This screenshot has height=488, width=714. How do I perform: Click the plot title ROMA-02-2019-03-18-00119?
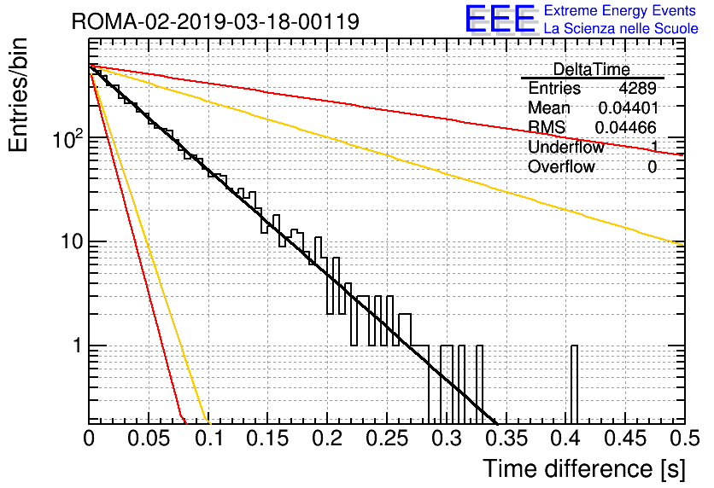pyautogui.click(x=215, y=21)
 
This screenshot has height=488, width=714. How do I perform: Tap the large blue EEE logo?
pyautogui.click(x=500, y=20)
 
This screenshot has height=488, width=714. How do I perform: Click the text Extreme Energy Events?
pyautogui.click(x=619, y=11)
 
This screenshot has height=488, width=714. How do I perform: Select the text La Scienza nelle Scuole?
pyautogui.click(x=621, y=29)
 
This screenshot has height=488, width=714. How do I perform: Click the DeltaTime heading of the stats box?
pyautogui.click(x=591, y=69)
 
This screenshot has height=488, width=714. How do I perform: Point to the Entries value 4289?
pyautogui.click(x=637, y=88)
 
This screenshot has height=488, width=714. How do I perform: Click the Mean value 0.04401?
pyautogui.click(x=627, y=108)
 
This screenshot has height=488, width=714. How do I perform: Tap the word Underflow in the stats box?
pyautogui.click(x=565, y=147)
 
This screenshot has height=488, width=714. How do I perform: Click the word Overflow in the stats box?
pyautogui.click(x=561, y=166)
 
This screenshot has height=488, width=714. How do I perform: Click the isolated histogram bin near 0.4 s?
pyautogui.click(x=574, y=384)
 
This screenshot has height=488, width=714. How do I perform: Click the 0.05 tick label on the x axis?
pyautogui.click(x=149, y=439)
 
